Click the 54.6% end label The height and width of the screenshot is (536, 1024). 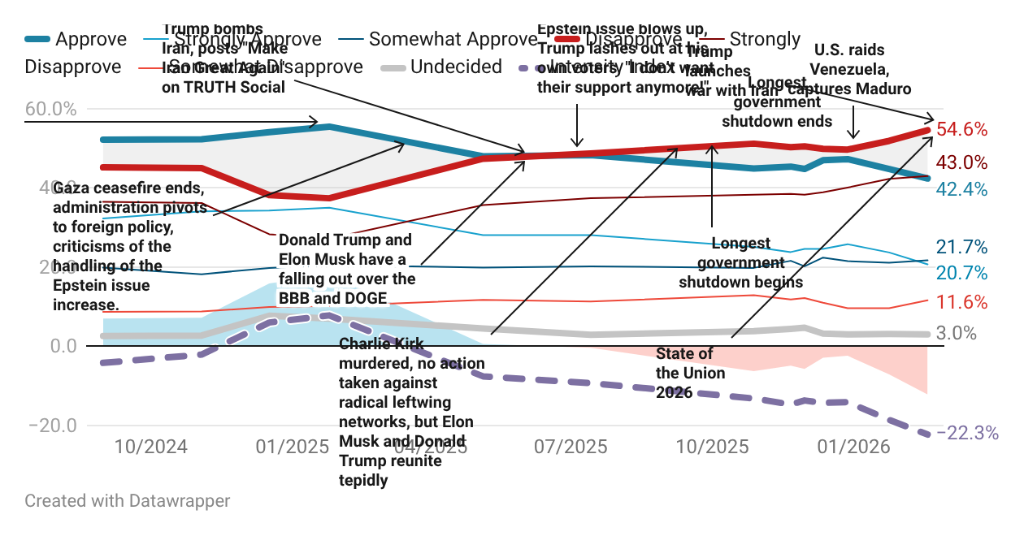961,130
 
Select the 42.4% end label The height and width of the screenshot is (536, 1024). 961,189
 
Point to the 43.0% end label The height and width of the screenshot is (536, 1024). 961,162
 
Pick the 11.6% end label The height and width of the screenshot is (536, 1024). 961,303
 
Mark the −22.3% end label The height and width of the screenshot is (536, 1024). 967,434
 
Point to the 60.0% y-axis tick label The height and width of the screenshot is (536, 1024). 50,109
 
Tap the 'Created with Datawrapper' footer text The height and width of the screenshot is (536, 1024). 128,501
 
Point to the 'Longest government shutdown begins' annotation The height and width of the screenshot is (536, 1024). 740,263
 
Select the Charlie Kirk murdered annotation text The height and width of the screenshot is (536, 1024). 411,412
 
